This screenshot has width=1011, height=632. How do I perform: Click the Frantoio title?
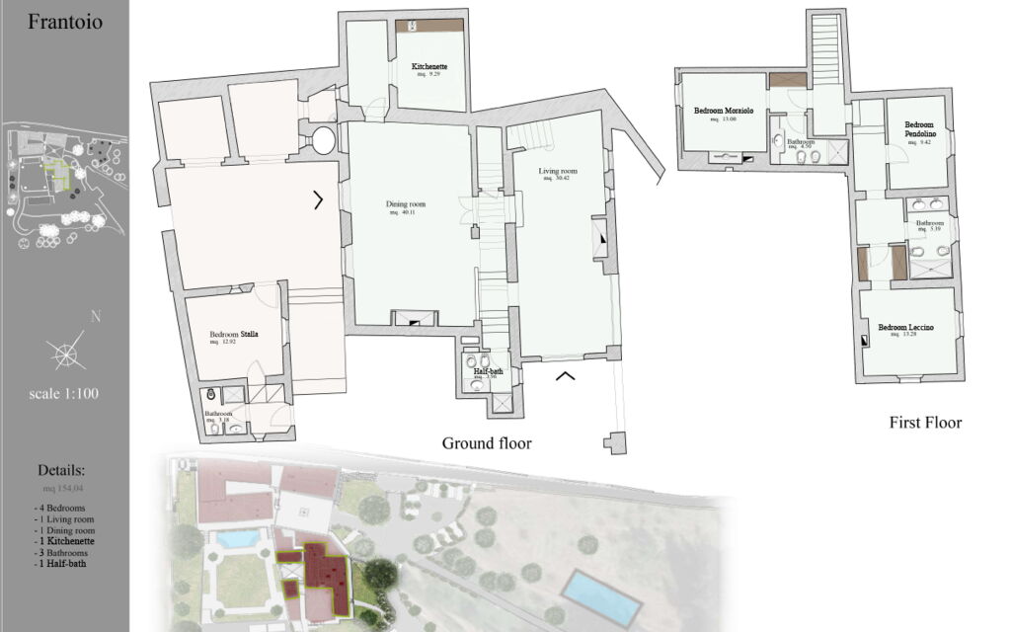(x=65, y=22)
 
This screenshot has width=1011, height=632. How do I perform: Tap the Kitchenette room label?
(x=432, y=68)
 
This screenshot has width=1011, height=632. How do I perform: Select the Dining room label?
(x=405, y=205)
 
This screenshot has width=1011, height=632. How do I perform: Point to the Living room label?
(x=558, y=172)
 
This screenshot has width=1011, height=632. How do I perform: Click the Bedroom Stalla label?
(x=234, y=336)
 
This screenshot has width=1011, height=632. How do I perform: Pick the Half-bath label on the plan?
(x=480, y=371)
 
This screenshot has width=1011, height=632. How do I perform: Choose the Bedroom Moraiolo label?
(x=723, y=112)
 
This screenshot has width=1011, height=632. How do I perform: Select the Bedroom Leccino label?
(x=905, y=328)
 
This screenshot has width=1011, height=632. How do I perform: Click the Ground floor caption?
(x=486, y=443)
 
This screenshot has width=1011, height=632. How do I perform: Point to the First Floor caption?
(x=925, y=423)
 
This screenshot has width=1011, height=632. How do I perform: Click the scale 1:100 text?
(x=64, y=393)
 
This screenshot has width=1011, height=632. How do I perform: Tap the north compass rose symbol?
(x=64, y=352)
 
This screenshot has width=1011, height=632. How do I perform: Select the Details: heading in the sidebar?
(x=61, y=470)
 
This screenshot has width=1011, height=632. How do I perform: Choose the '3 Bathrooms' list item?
(x=64, y=553)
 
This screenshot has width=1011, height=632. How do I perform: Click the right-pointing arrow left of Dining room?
(x=318, y=199)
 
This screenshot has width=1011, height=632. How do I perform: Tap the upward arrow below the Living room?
(x=566, y=374)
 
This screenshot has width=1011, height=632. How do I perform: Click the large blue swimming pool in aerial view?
(x=600, y=595)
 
